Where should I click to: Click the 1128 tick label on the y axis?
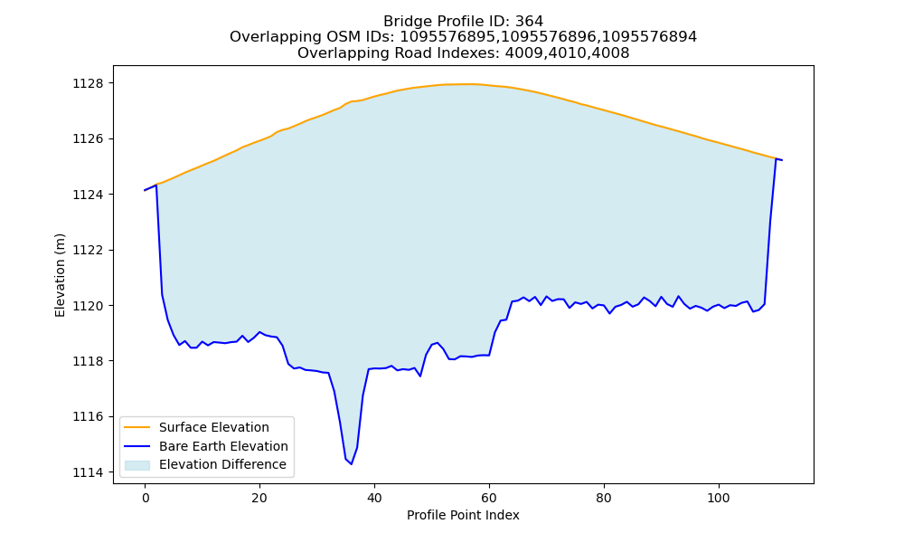point(88,83)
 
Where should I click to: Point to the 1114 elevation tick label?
point(88,472)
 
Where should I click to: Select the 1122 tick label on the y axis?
point(88,251)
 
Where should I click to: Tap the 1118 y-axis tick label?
point(88,361)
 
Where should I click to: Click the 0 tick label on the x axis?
point(145,498)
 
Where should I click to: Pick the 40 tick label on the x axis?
point(374,498)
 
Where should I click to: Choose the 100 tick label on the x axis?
point(719,498)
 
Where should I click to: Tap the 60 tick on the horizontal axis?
point(489,498)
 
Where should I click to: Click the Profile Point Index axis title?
point(463,515)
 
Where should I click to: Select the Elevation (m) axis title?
point(60,275)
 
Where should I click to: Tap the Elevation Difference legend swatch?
point(137,464)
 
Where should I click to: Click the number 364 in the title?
point(529,22)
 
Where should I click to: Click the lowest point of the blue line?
point(351,464)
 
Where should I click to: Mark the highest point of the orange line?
point(464,84)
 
